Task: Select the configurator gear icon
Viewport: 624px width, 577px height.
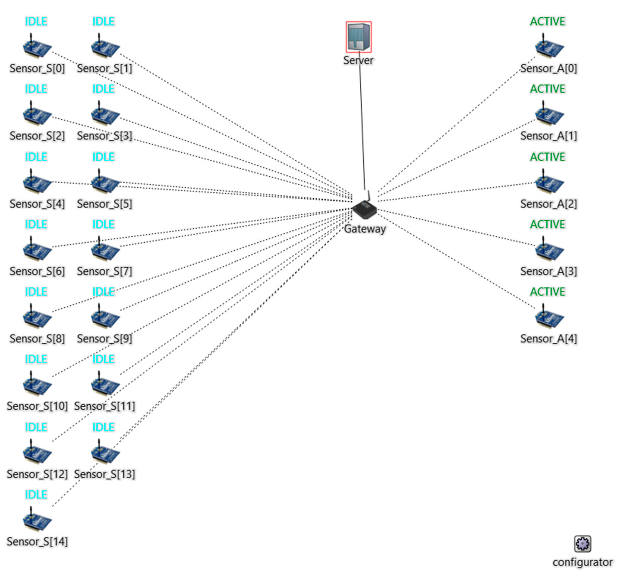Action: (582, 544)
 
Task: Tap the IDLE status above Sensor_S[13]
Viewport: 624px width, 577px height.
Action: (103, 427)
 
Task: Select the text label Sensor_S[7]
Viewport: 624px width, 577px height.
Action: (105, 271)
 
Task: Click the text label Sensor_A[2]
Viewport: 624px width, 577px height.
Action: (549, 204)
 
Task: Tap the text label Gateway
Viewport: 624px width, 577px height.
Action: (365, 229)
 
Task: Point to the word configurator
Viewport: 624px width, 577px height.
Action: (582, 562)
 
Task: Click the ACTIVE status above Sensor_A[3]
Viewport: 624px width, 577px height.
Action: (548, 224)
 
